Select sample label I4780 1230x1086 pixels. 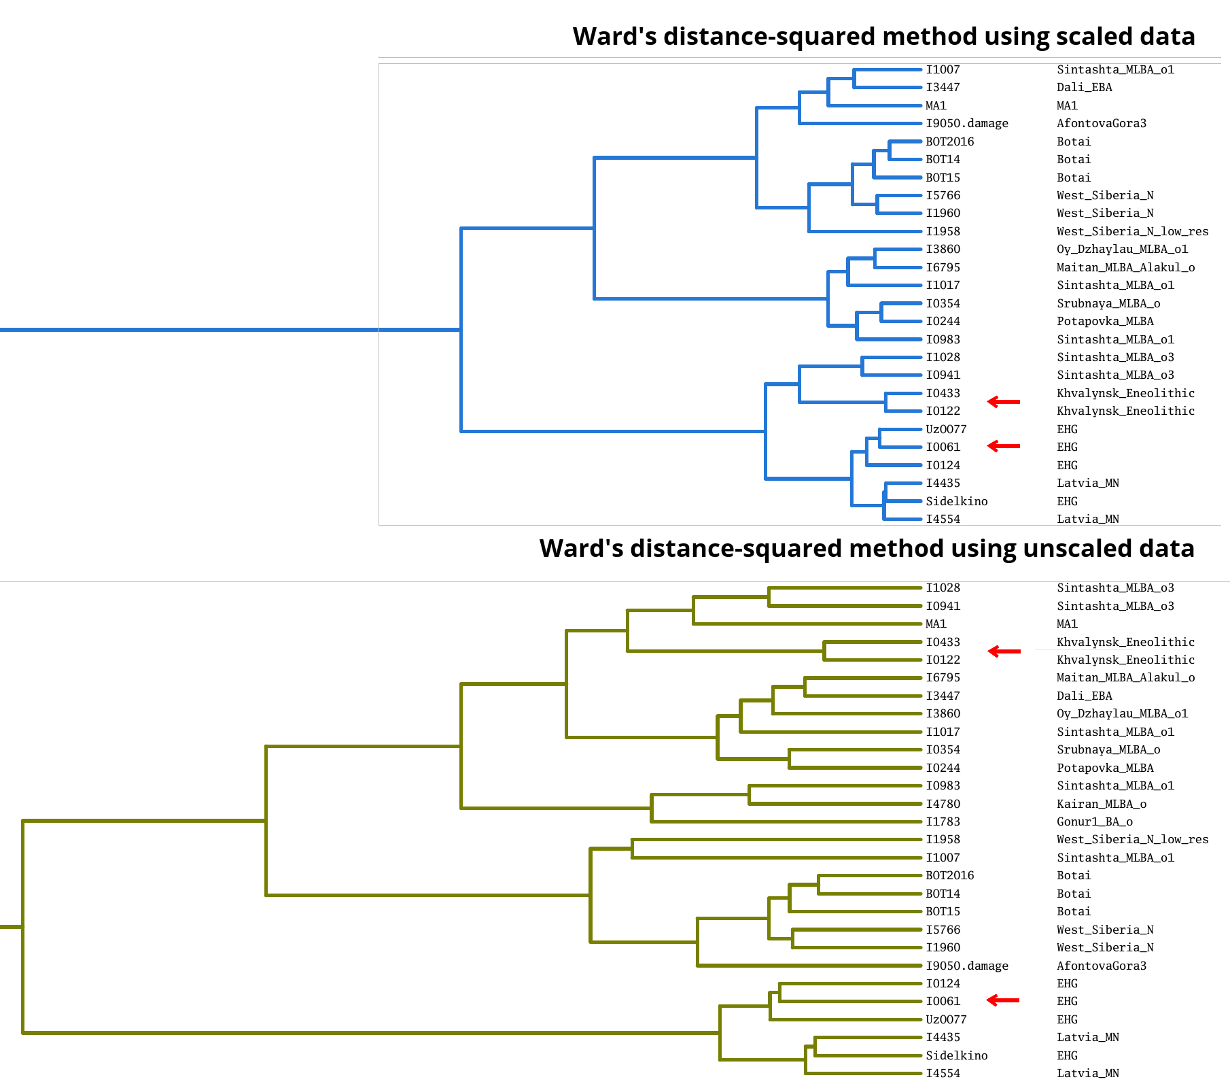tap(943, 804)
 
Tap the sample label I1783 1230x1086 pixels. tap(943, 821)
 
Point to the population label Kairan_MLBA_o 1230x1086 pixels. tap(1102, 804)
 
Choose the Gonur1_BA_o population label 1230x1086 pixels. tap(1095, 821)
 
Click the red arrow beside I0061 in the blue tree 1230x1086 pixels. tap(1003, 446)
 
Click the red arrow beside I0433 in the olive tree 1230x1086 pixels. tap(1004, 651)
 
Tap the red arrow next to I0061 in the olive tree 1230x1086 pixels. tap(1003, 1000)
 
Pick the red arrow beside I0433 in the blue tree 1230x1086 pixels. tap(1004, 402)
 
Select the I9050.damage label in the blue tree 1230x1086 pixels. tap(967, 124)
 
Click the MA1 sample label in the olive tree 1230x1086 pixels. tap(936, 624)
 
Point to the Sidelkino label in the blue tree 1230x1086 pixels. tap(957, 501)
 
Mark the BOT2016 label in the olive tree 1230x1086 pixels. tap(950, 875)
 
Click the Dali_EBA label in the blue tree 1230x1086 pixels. tap(1085, 88)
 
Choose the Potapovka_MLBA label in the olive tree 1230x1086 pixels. tap(1105, 768)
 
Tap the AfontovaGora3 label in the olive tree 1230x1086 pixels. tap(1102, 966)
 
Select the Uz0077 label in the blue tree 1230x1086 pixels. tap(946, 429)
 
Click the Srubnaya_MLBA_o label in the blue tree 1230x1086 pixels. tap(1108, 303)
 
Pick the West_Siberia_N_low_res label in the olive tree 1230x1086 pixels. tap(1133, 839)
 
